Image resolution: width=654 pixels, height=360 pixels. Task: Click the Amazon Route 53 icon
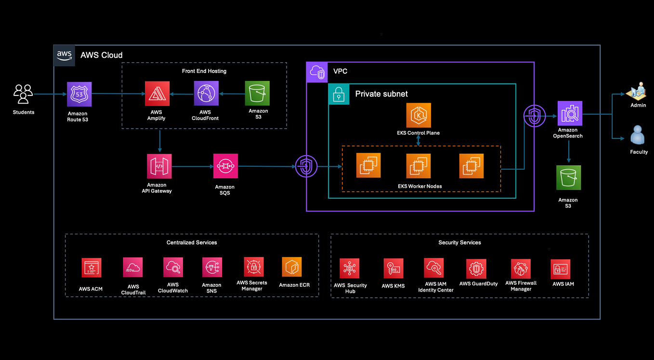point(79,94)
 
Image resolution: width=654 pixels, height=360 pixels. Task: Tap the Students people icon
point(23,94)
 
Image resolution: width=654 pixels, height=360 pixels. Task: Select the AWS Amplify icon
point(157,93)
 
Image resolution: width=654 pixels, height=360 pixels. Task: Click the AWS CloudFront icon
point(206,93)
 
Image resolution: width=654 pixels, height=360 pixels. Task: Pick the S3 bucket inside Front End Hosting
point(257,93)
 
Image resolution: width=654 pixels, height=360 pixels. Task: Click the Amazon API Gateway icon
point(159,167)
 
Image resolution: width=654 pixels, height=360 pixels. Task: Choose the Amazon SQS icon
point(225,166)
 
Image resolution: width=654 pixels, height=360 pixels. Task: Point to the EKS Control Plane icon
point(418,115)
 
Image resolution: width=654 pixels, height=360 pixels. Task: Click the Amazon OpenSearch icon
point(570,113)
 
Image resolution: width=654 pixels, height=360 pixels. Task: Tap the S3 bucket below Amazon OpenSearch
point(569,178)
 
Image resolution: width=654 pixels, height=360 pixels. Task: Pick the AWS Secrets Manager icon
point(253,267)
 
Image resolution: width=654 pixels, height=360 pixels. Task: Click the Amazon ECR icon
point(292,267)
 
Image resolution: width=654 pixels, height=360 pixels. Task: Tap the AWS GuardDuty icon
point(476,269)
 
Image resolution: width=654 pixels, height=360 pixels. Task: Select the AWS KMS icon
point(393,268)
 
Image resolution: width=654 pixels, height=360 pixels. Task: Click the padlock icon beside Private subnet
point(339,94)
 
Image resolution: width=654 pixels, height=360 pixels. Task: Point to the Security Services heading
point(459,242)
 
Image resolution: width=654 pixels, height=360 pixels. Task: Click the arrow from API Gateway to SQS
point(192,166)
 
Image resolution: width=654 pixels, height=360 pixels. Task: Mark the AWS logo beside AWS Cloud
point(64,55)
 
